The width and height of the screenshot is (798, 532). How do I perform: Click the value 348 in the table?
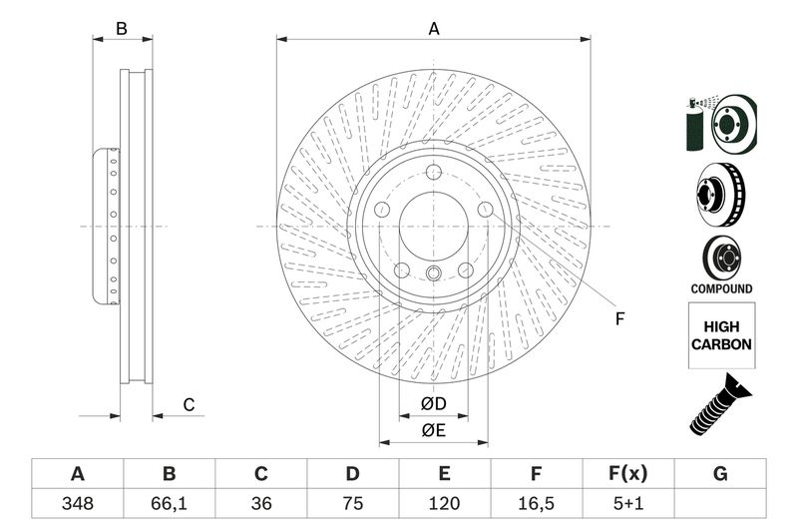[77, 503]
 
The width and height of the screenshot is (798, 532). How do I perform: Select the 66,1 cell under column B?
[169, 503]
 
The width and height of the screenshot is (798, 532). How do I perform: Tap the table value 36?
[261, 503]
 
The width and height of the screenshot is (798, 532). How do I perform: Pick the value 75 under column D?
[352, 503]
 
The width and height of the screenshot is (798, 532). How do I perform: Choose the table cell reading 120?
[445, 503]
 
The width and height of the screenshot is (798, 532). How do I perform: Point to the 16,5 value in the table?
[536, 503]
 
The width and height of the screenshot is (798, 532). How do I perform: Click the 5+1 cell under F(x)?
[627, 503]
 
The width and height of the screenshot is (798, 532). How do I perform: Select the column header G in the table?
[720, 473]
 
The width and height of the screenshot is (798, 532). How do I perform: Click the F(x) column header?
[627, 473]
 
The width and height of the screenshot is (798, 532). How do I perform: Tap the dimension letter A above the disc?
[434, 29]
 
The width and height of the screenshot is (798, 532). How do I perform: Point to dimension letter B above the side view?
[122, 29]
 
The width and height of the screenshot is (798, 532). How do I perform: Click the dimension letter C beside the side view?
[187, 404]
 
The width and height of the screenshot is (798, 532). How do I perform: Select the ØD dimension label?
[432, 404]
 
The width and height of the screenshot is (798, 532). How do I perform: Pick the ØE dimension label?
[432, 430]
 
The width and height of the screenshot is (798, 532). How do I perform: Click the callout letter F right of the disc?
[618, 319]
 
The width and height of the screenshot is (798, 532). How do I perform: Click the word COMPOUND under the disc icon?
[720, 288]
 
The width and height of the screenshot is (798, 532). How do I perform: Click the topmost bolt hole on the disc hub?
[434, 176]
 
